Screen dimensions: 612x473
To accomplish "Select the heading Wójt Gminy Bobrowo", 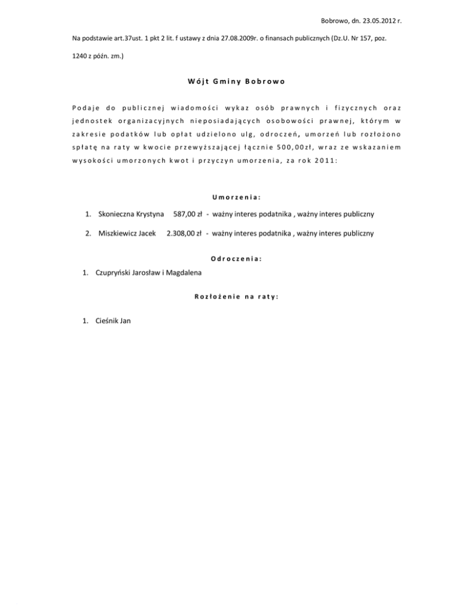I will pyautogui.click(x=236, y=81).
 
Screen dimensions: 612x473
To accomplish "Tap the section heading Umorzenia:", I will pyautogui.click(x=236, y=198).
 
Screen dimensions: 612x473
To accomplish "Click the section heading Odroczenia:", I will pyautogui.click(x=236, y=259).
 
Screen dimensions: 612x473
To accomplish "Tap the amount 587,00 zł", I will pyautogui.click(x=188, y=215).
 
